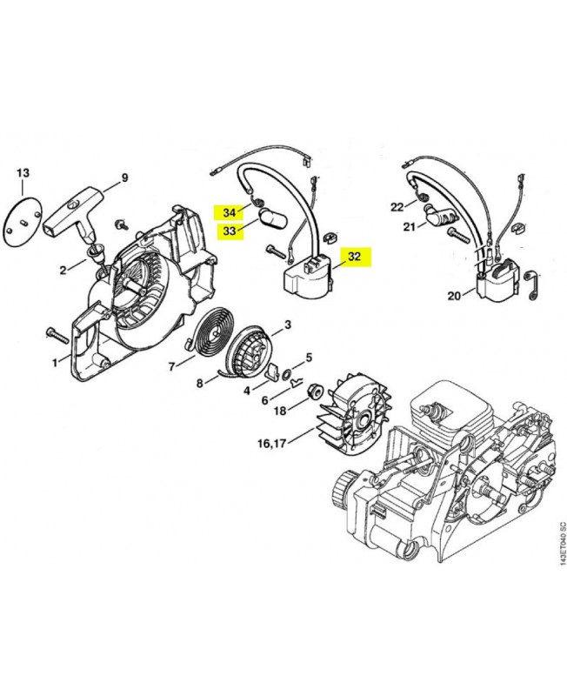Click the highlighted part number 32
point(354,257)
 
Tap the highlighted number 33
point(230,231)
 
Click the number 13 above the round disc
point(23,172)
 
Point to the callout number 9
point(123,178)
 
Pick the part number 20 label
point(453,296)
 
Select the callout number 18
point(280,410)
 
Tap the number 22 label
point(397,206)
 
